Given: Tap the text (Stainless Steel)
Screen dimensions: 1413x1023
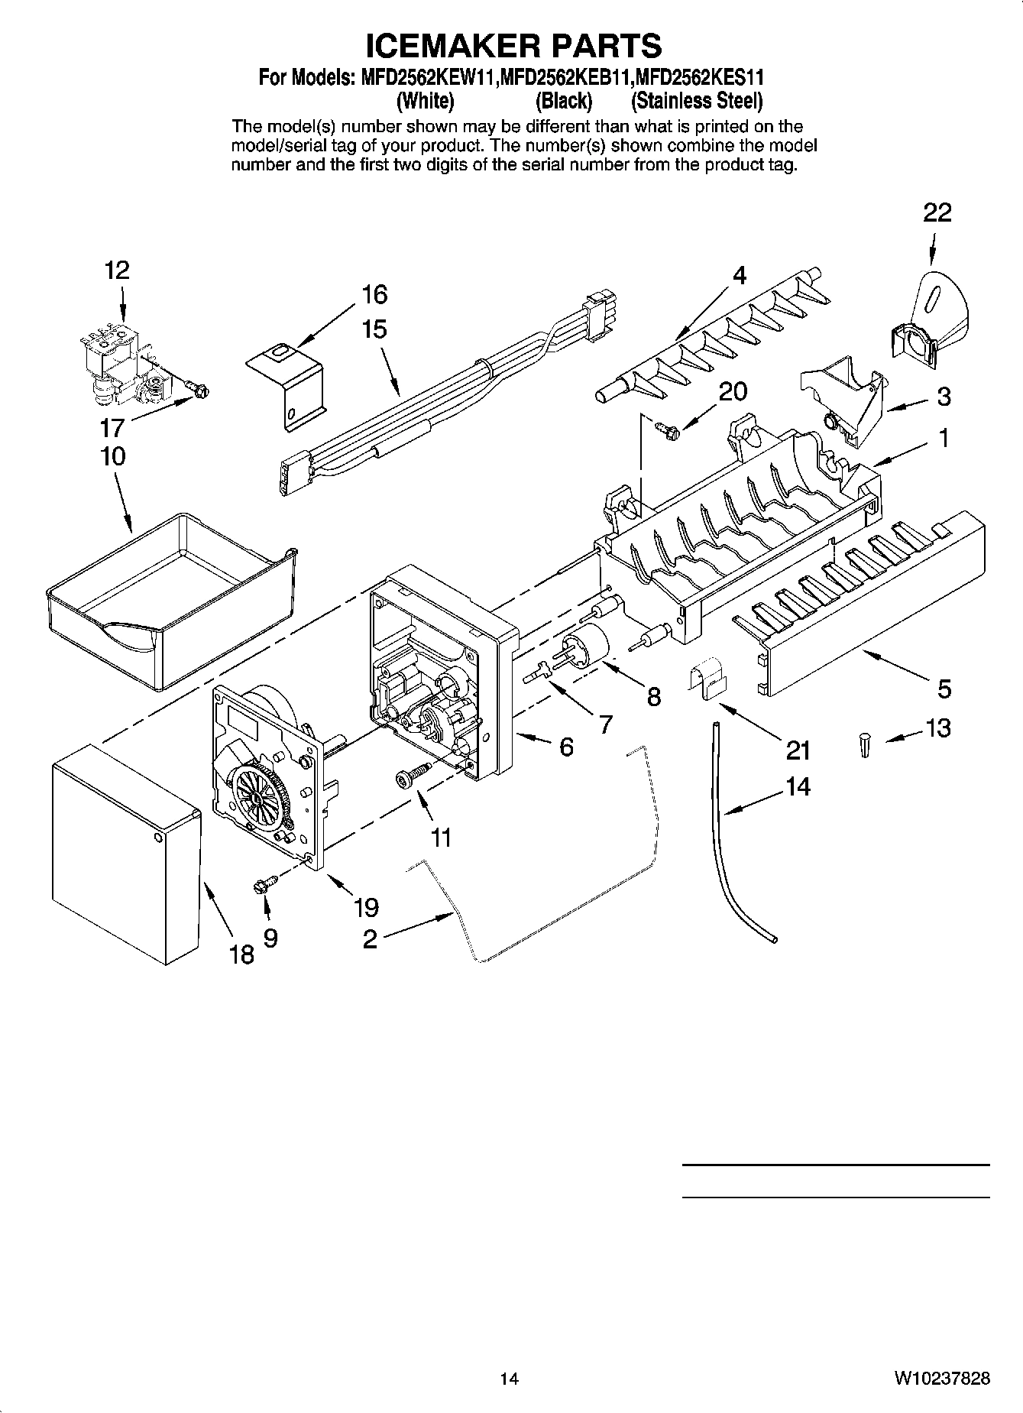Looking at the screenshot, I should point(696,101).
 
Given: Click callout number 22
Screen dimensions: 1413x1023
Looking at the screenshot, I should point(937,212).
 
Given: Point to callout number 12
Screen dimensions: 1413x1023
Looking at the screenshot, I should point(117,270).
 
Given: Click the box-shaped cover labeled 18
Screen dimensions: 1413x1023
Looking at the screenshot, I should point(122,852).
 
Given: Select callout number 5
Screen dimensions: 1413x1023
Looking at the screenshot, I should point(944,689).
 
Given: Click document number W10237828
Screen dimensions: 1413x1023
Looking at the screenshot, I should point(943,1378).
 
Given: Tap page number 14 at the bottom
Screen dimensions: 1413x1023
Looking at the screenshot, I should point(509,1378).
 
